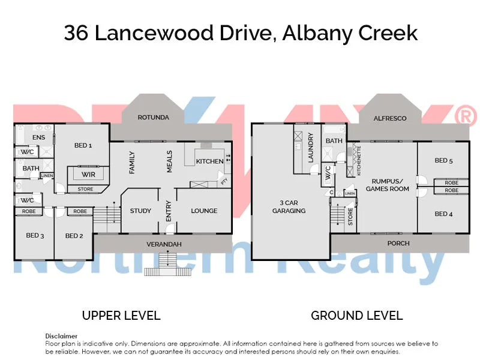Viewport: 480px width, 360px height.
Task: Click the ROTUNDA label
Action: click(x=153, y=117)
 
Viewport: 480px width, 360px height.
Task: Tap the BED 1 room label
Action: click(x=83, y=145)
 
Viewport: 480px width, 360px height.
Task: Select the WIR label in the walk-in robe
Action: click(x=88, y=174)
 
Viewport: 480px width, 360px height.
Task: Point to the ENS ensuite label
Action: click(x=38, y=137)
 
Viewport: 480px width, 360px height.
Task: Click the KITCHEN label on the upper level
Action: click(x=209, y=161)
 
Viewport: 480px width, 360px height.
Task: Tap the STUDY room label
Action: click(x=140, y=211)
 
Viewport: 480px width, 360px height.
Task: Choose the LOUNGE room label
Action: click(x=204, y=211)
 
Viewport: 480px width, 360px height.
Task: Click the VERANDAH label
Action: click(x=164, y=244)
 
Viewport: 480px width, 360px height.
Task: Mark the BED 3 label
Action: click(x=34, y=236)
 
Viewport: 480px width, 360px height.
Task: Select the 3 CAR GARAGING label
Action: click(x=289, y=206)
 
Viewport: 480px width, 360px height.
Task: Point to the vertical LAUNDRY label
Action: click(x=310, y=148)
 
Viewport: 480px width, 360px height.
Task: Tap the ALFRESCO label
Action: click(x=390, y=118)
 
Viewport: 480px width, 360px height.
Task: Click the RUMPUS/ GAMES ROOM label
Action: click(x=390, y=185)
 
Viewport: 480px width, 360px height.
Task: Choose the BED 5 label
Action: click(x=444, y=160)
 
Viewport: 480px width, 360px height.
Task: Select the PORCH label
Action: click(x=398, y=243)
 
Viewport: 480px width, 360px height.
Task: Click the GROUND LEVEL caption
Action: click(x=356, y=315)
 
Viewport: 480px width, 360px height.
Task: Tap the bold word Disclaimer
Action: click(x=61, y=336)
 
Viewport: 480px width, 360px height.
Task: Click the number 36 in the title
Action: click(x=77, y=32)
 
